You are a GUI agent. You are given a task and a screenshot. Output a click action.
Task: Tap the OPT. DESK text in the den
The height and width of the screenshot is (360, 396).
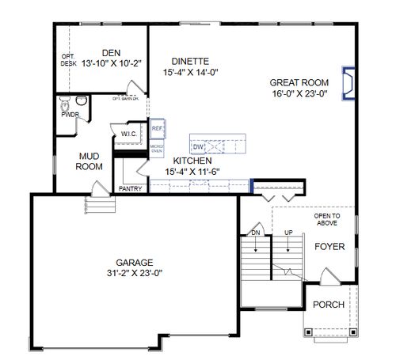[68, 60]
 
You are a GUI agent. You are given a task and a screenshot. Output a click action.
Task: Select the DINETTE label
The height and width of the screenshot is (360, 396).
[189, 61]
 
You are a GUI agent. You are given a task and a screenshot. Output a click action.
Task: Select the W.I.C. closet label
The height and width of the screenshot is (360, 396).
[130, 135]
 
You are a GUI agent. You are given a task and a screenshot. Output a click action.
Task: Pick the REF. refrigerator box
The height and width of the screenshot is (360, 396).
[157, 127]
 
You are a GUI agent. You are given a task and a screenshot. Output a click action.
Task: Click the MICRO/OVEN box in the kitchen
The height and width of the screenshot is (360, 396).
[157, 147]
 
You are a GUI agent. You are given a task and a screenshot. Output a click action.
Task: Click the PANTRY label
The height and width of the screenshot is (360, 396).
[129, 189]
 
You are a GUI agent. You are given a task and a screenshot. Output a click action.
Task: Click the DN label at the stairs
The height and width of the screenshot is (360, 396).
[255, 233]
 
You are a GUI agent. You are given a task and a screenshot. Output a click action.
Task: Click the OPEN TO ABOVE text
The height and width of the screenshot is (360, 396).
[326, 219]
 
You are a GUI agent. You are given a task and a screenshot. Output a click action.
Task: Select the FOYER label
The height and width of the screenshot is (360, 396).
[330, 246]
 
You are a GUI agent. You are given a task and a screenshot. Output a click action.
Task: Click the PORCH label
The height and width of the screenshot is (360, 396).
[329, 305]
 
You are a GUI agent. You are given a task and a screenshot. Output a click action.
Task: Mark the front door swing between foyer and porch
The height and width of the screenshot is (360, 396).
[326, 279]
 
